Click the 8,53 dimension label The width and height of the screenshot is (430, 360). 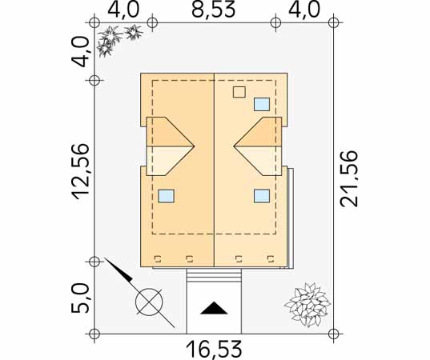(213, 10)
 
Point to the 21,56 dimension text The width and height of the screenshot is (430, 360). (349, 178)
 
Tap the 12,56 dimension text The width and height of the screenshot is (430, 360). (81, 171)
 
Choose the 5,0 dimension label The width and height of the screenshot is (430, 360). (80, 298)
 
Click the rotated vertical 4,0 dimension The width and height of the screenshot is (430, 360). (80, 52)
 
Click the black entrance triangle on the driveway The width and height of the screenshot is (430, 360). (214, 308)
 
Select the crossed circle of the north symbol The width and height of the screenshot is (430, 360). (149, 302)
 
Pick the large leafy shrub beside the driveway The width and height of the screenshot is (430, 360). (307, 306)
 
